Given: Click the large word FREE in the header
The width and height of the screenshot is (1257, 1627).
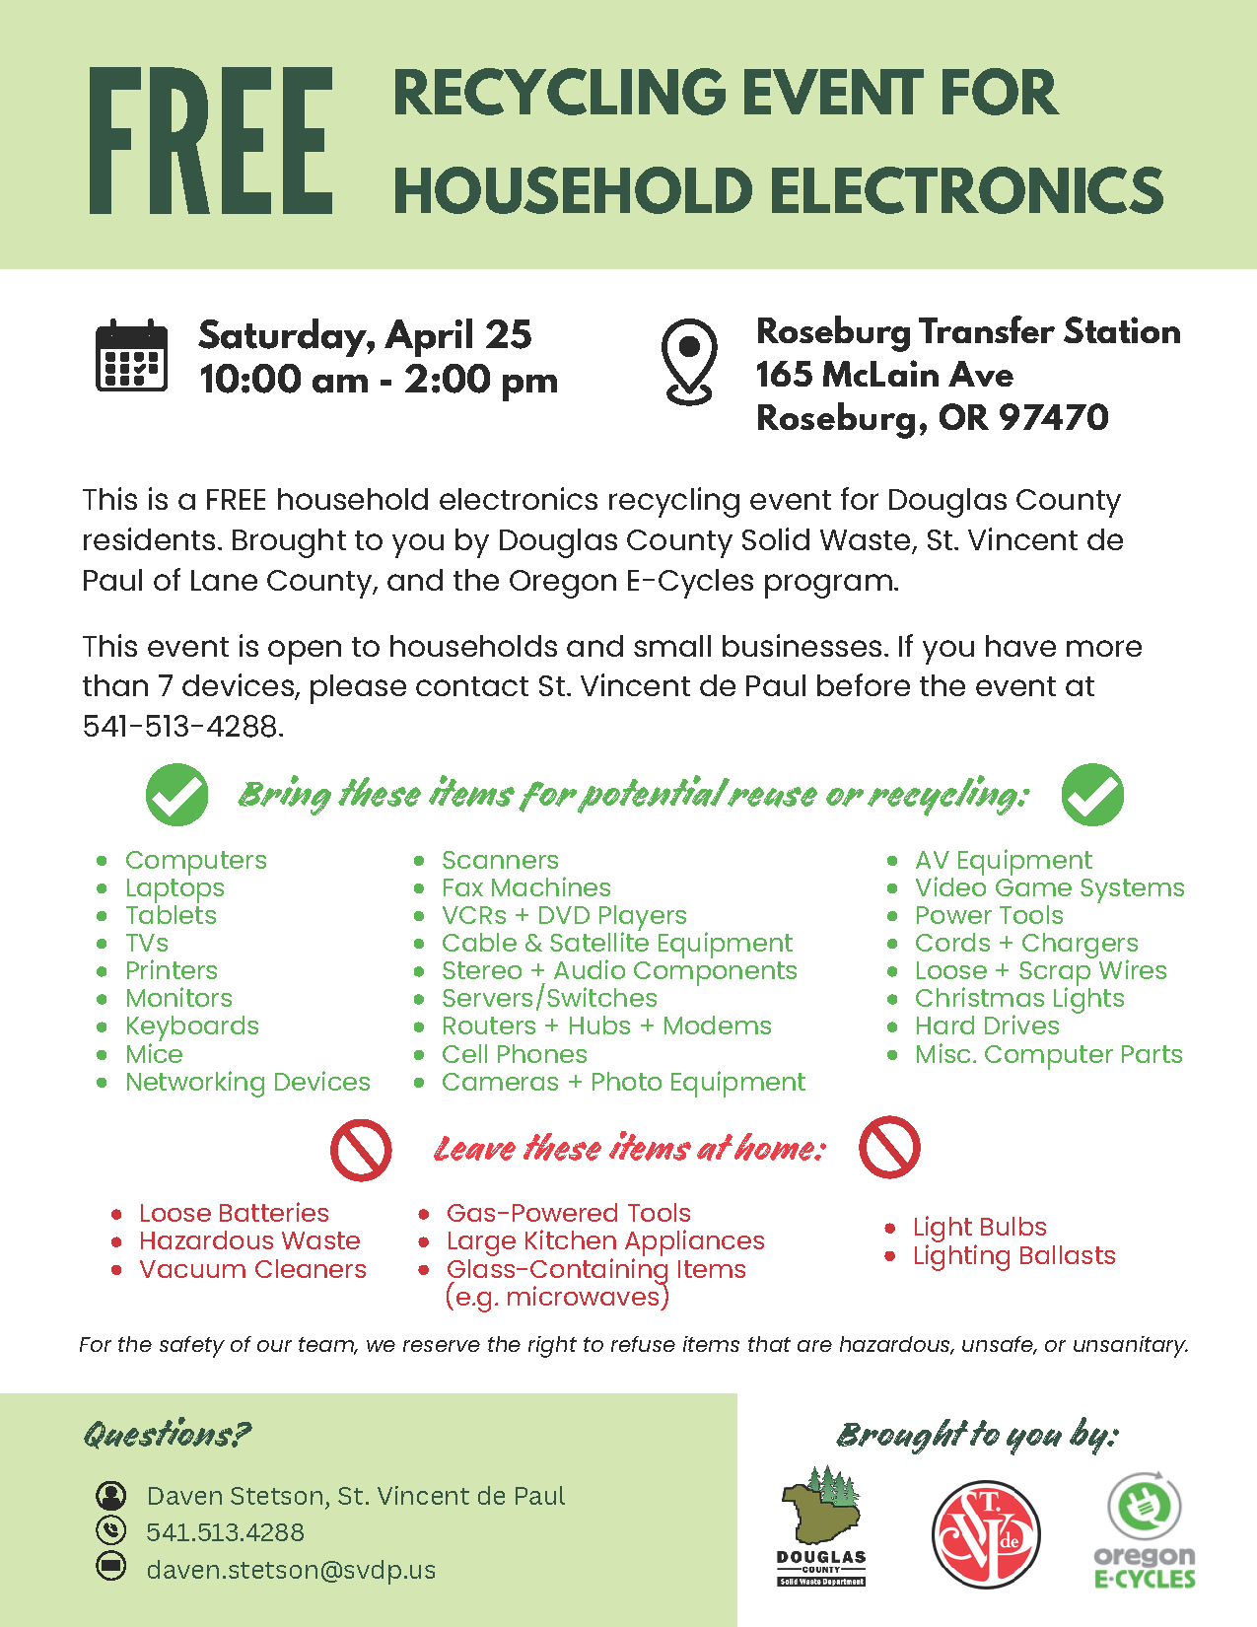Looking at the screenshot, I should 210,141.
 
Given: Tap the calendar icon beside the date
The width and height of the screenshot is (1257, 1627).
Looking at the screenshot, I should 131,356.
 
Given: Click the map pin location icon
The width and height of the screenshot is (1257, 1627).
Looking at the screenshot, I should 689,361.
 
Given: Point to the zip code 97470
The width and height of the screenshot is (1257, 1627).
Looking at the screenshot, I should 1053,418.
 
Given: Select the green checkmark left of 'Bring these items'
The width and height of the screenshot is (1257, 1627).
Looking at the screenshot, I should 176,794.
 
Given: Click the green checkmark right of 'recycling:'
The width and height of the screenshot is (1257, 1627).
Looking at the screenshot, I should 1092,794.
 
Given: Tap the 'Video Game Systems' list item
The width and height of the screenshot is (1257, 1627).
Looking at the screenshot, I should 1049,887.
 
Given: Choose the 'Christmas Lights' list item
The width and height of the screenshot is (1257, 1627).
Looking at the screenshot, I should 1018,998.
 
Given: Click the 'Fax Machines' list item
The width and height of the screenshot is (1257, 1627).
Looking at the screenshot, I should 525,887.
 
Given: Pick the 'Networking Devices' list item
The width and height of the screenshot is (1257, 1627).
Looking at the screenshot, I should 247,1082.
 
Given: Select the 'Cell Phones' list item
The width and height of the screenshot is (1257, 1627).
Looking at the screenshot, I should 514,1054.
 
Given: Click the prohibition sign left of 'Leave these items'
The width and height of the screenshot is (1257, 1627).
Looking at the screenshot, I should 361,1150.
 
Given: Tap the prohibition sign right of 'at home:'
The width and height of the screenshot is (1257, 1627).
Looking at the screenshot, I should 889,1147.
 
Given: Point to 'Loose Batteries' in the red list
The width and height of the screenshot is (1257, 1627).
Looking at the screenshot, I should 234,1213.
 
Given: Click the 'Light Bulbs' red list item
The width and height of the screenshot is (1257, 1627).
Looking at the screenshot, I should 979,1227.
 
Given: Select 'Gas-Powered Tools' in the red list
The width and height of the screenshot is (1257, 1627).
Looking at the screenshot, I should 568,1213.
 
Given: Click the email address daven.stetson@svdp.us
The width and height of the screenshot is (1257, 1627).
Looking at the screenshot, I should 291,1569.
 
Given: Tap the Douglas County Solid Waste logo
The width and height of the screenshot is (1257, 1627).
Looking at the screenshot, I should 820,1525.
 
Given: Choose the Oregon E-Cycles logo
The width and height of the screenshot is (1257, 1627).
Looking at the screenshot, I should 1145,1530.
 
